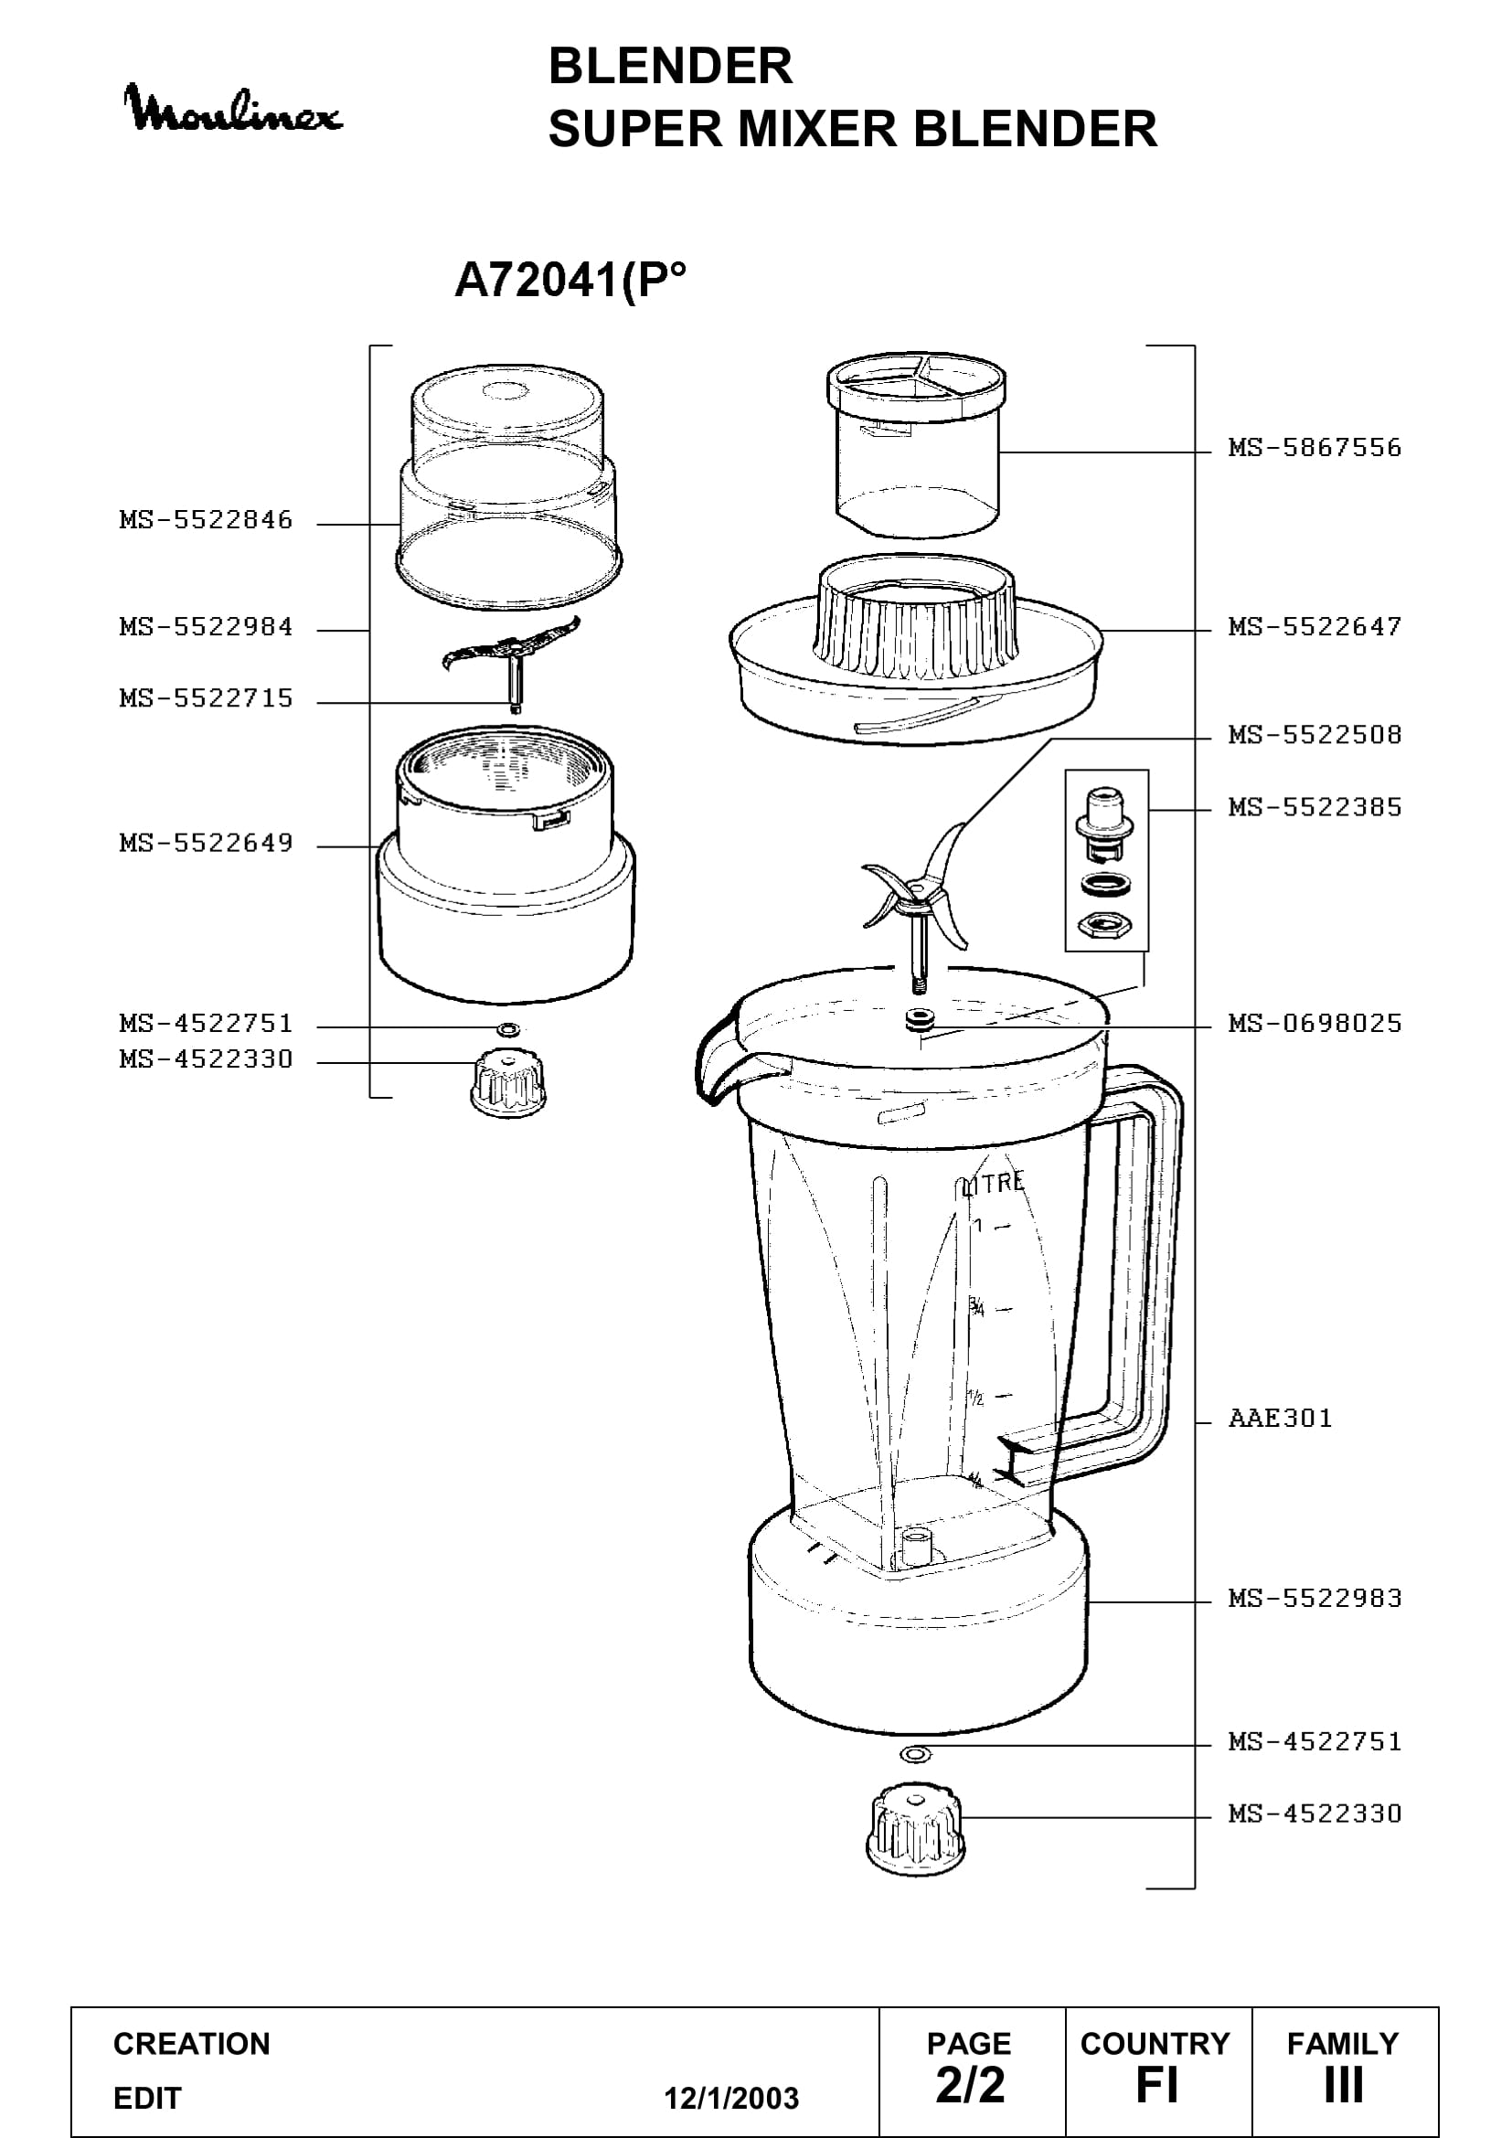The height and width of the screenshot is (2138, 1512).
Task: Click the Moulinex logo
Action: coord(233,110)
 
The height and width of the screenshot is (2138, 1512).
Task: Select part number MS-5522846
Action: coord(206,519)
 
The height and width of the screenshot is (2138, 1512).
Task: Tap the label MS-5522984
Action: coord(206,627)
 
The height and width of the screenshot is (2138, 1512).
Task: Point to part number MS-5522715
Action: coord(206,698)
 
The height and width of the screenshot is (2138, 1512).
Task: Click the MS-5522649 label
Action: coord(206,843)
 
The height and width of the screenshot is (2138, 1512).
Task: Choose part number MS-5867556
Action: coord(1315,448)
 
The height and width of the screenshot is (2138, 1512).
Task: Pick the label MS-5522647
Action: coord(1315,627)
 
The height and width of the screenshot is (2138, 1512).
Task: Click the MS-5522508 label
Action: coord(1315,735)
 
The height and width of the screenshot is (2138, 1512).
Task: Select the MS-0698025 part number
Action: coord(1315,1024)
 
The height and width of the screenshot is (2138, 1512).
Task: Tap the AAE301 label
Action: coord(1280,1419)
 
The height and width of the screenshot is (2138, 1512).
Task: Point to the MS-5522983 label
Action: coord(1315,1598)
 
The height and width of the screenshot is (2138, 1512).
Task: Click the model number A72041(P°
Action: coord(570,281)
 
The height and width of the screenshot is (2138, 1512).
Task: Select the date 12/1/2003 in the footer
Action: coord(731,2098)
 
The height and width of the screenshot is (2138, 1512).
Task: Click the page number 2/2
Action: coord(970,2085)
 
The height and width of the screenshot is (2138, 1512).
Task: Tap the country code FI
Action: coord(1156,2085)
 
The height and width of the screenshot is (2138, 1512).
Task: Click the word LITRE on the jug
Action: coord(995,1184)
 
